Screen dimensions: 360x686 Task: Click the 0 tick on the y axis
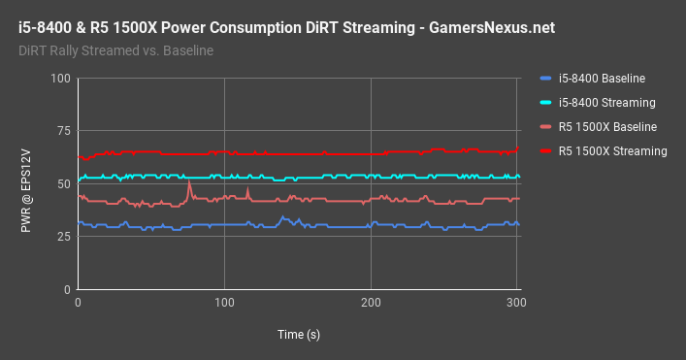point(67,290)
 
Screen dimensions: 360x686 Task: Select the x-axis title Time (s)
point(297,334)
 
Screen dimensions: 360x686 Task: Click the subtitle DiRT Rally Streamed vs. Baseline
point(116,50)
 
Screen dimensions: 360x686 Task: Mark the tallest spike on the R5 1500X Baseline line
point(189,183)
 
